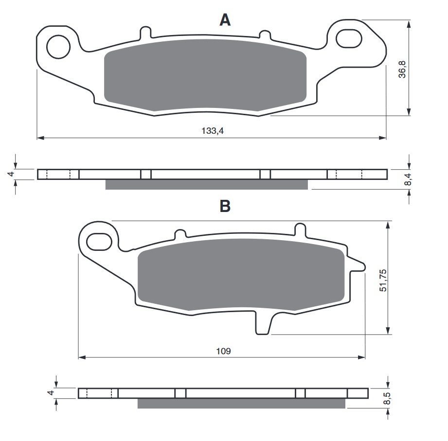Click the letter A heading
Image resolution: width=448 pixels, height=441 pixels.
tap(225, 20)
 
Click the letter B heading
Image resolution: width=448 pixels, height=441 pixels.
tap(225, 206)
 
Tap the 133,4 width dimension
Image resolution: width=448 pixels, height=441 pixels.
tap(213, 131)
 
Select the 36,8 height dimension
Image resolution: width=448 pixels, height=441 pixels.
tap(402, 69)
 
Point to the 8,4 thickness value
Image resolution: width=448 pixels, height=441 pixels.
tap(408, 179)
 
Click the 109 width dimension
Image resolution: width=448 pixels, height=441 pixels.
tap(223, 351)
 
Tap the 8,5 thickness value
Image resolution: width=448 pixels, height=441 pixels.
tap(387, 398)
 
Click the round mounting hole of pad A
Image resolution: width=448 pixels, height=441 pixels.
tap(58, 47)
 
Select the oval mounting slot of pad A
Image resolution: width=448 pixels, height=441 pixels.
tap(349, 38)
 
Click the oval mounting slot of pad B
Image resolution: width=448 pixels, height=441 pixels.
tap(99, 242)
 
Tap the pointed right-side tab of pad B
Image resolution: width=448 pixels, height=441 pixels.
tap(357, 265)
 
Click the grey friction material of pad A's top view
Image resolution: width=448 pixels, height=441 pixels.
tap(205, 75)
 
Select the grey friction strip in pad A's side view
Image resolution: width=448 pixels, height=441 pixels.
tap(207, 184)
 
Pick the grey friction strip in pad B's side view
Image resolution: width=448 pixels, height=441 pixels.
tap(241, 403)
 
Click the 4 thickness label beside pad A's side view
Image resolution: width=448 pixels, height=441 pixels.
tap(11, 174)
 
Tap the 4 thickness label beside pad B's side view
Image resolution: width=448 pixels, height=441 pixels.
tap(51, 393)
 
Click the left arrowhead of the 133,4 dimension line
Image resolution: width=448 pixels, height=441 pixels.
tap(40, 138)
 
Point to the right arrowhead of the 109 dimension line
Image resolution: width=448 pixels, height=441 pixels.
tap(362, 357)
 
